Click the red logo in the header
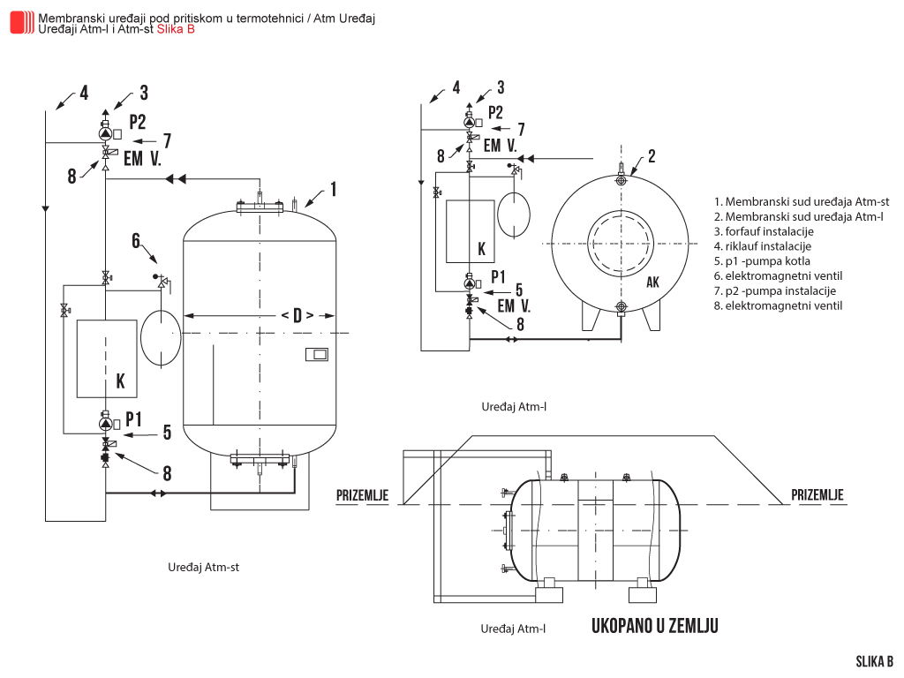[22, 22]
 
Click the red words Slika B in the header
[176, 29]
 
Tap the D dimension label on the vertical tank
[297, 315]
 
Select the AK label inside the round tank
[652, 282]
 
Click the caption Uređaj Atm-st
[203, 568]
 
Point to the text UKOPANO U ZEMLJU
[654, 626]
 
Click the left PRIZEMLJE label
[362, 495]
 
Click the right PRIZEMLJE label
[817, 495]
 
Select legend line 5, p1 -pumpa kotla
[762, 261]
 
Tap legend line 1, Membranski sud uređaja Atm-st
[802, 202]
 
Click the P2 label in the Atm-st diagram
[137, 122]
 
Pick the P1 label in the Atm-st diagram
[133, 417]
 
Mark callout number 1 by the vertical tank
[334, 187]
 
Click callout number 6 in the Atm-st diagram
[136, 239]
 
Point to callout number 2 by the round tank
[652, 156]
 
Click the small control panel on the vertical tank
[316, 355]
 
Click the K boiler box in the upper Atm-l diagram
[469, 231]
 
